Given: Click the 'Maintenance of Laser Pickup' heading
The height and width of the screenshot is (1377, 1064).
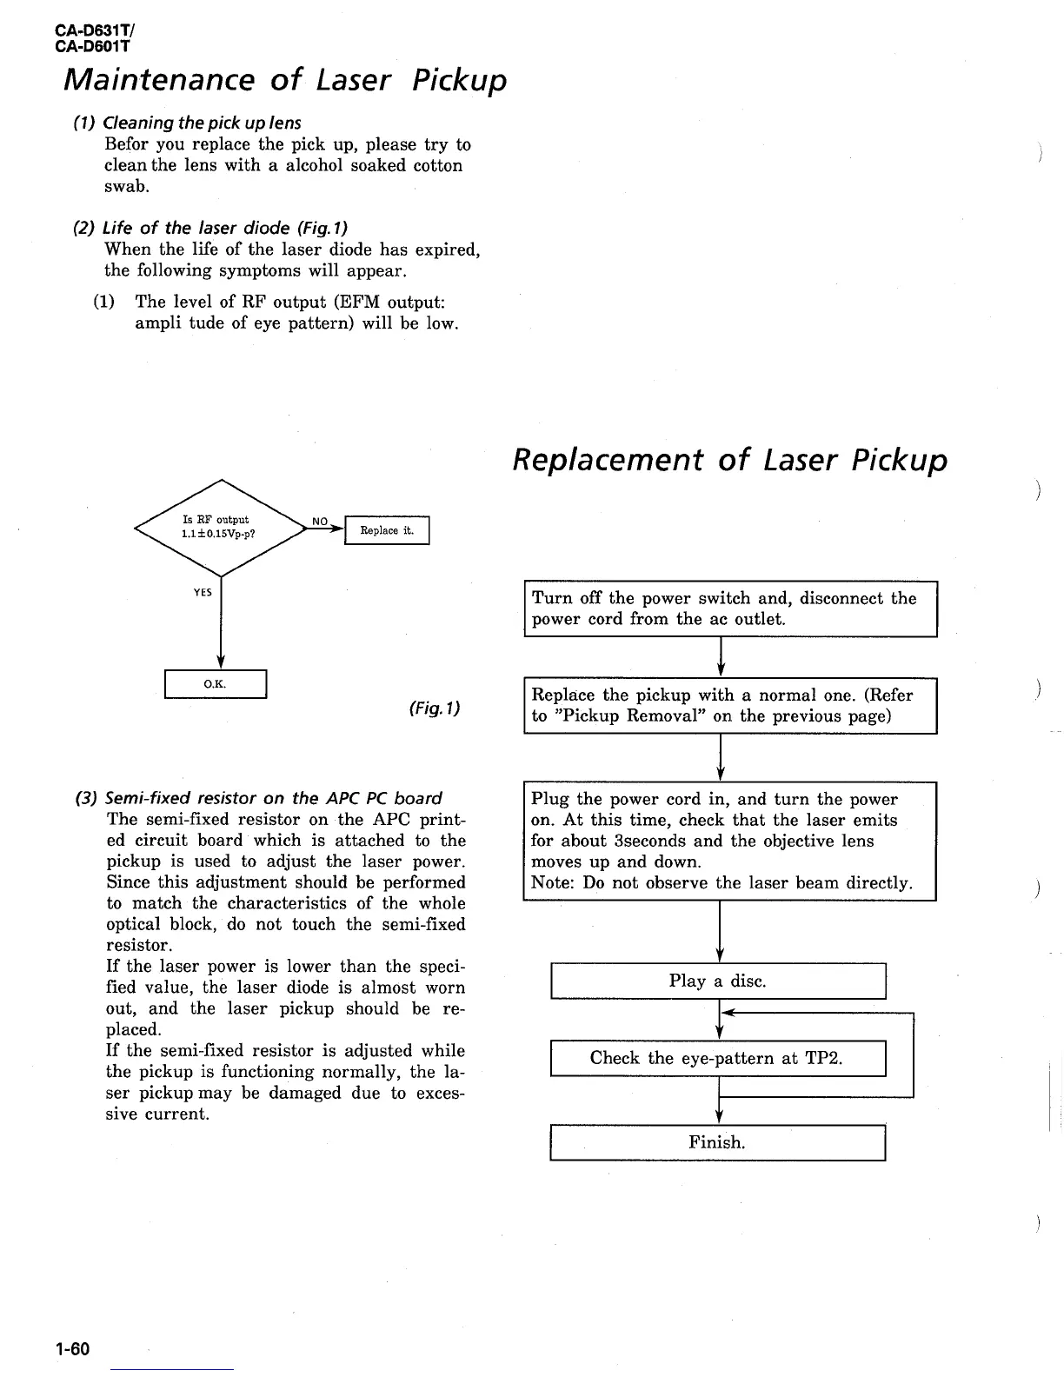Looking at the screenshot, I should click(285, 81).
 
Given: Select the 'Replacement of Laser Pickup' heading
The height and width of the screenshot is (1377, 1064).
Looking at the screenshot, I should click(729, 460).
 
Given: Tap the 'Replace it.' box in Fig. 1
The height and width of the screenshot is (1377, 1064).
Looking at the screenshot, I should click(387, 530).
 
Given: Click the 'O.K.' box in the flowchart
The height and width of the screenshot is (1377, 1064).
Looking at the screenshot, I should click(215, 684).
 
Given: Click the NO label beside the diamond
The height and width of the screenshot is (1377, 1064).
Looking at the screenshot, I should click(320, 522).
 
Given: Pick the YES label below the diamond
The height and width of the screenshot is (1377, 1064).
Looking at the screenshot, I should click(203, 592).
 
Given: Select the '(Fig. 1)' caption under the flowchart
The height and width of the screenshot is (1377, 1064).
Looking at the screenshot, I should click(434, 708).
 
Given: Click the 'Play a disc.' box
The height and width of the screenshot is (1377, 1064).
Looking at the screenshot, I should click(717, 981).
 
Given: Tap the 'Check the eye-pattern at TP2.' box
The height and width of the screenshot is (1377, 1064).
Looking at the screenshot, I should click(717, 1058).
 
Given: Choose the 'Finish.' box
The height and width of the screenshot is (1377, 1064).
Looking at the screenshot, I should click(717, 1142).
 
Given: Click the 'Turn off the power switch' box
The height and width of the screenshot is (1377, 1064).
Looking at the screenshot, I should click(729, 609).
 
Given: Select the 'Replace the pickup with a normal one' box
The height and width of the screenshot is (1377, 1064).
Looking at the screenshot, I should click(729, 706).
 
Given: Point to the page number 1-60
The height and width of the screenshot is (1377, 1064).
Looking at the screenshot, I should click(72, 1349).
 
